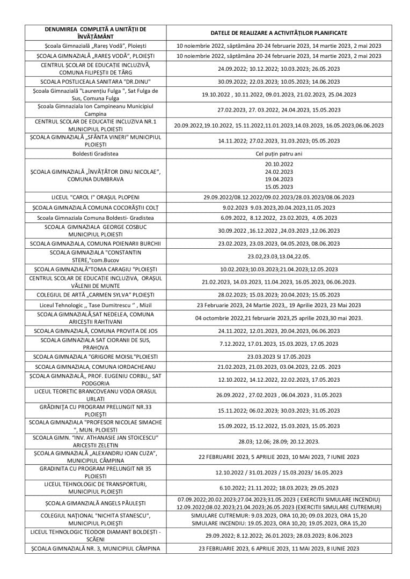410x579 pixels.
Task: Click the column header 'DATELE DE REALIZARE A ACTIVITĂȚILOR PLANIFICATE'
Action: click(279, 33)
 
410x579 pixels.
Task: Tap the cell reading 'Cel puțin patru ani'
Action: click(279, 154)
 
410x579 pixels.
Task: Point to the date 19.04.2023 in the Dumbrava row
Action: click(279, 180)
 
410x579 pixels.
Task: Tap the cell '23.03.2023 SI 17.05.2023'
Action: click(279, 356)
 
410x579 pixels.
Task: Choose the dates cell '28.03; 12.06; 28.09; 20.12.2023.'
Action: click(279, 441)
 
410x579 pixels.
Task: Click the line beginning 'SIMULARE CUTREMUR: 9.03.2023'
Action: click(279, 515)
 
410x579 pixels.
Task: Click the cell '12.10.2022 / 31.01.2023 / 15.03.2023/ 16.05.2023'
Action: click(279, 472)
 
